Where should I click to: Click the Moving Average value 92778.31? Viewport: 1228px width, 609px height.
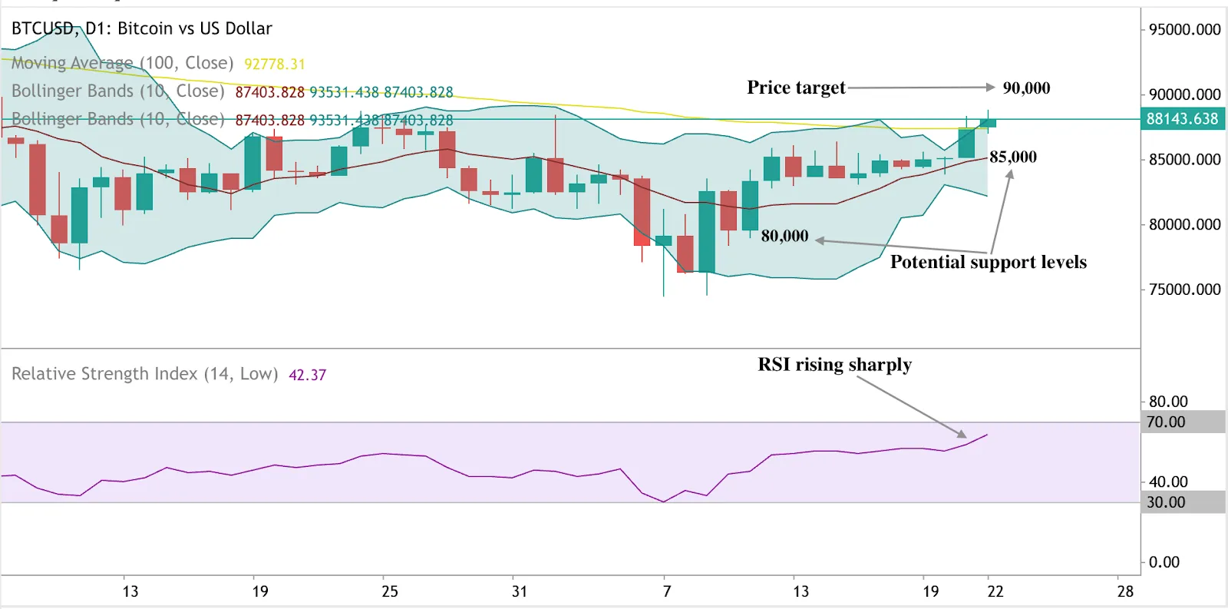click(274, 65)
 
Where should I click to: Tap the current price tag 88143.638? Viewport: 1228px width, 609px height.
click(1181, 119)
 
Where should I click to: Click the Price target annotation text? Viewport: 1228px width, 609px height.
click(796, 88)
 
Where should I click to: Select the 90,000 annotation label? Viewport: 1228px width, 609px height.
click(1026, 88)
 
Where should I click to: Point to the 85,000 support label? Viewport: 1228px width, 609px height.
click(1012, 157)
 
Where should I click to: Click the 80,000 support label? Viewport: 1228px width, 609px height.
click(784, 237)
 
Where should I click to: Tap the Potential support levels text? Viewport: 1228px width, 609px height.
click(988, 263)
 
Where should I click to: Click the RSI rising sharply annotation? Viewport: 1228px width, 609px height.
click(834, 365)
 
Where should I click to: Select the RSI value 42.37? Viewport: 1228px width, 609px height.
click(307, 376)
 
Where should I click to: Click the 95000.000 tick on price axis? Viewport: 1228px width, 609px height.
click(1184, 30)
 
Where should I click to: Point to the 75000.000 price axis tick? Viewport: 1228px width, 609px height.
click(1184, 290)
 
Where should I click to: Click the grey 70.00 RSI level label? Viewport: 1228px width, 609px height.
click(1166, 422)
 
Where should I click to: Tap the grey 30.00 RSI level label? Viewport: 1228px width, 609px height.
click(1166, 502)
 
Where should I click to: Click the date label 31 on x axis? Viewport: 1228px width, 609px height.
click(520, 591)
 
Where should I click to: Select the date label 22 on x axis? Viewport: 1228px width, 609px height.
click(995, 591)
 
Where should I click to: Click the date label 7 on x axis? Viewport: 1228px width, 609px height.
click(666, 591)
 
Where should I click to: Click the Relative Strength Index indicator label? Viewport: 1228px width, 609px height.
click(144, 374)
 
